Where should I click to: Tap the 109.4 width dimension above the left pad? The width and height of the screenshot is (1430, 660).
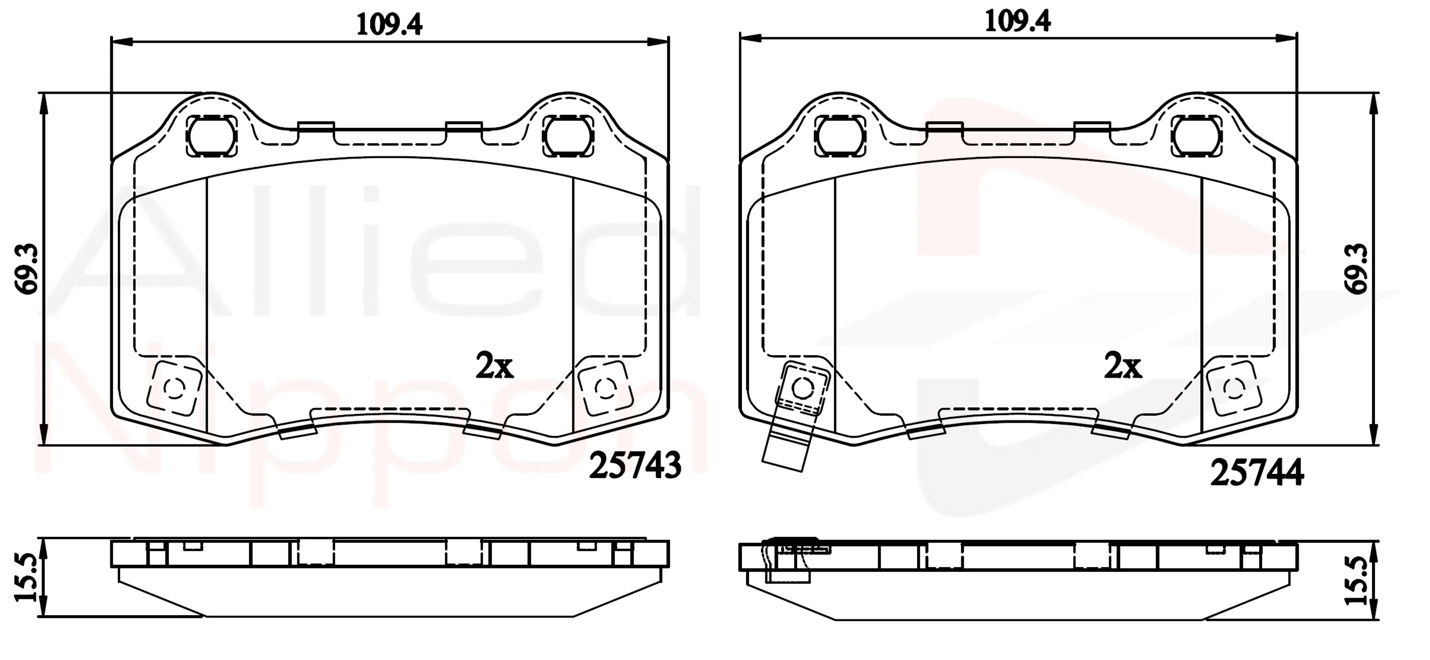click(x=389, y=24)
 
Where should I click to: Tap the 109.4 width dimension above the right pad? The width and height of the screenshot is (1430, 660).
click(x=1017, y=21)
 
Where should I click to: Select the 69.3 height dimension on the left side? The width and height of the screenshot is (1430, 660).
click(x=26, y=269)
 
